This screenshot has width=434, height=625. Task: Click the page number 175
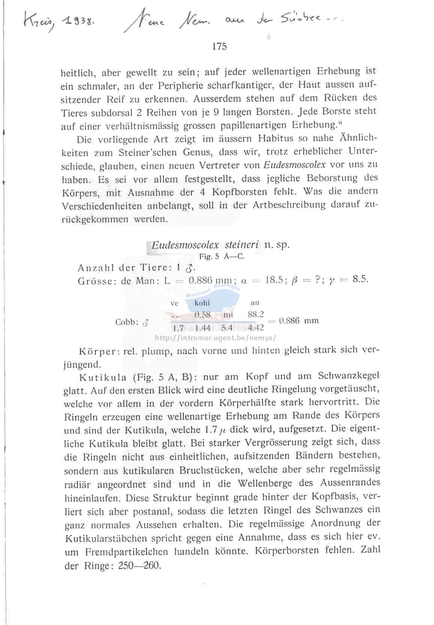(219, 46)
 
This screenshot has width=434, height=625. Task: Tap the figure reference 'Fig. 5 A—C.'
(221, 257)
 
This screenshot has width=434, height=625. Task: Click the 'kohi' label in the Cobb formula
(202, 303)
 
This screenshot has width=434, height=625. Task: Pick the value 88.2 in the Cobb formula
(256, 314)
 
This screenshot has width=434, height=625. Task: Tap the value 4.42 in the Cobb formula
(256, 328)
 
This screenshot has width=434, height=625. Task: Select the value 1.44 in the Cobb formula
(203, 328)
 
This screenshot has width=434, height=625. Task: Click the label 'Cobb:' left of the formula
(127, 322)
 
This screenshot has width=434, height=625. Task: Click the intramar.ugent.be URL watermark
(215, 337)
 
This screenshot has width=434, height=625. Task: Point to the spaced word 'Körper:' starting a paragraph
(99, 352)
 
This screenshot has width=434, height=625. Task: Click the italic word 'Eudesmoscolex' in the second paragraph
(294, 165)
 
